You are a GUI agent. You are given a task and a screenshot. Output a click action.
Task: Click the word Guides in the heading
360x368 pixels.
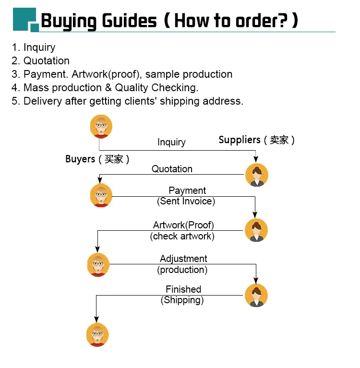point(129,21)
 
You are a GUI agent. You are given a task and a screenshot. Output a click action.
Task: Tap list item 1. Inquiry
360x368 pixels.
point(34,47)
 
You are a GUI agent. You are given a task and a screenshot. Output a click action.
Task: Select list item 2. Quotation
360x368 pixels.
point(41,60)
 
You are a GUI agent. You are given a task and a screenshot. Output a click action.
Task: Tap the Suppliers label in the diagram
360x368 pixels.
point(240,140)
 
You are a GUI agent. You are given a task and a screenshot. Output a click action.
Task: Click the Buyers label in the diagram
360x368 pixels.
point(80,159)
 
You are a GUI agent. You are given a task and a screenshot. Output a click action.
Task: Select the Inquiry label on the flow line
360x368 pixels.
point(171,142)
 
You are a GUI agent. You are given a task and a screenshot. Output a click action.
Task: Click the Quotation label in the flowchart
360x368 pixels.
point(172,169)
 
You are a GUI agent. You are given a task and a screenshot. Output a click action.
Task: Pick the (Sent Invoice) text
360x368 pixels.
point(186,201)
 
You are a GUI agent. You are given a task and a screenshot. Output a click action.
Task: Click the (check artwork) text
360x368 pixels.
point(182,236)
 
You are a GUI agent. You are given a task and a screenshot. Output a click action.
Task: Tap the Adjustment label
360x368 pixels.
point(183,259)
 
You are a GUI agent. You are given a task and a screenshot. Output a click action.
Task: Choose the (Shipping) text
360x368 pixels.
point(182,300)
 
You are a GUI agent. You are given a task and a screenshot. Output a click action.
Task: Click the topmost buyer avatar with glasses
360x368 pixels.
point(101,127)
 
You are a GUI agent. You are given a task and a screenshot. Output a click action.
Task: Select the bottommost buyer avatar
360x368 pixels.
point(97,335)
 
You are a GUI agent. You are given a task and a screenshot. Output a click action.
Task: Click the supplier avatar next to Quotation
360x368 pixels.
point(256,175)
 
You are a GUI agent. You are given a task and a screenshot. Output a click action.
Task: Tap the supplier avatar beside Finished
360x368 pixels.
point(256,295)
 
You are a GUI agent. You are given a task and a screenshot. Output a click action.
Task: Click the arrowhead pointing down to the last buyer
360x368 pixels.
point(96,319)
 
